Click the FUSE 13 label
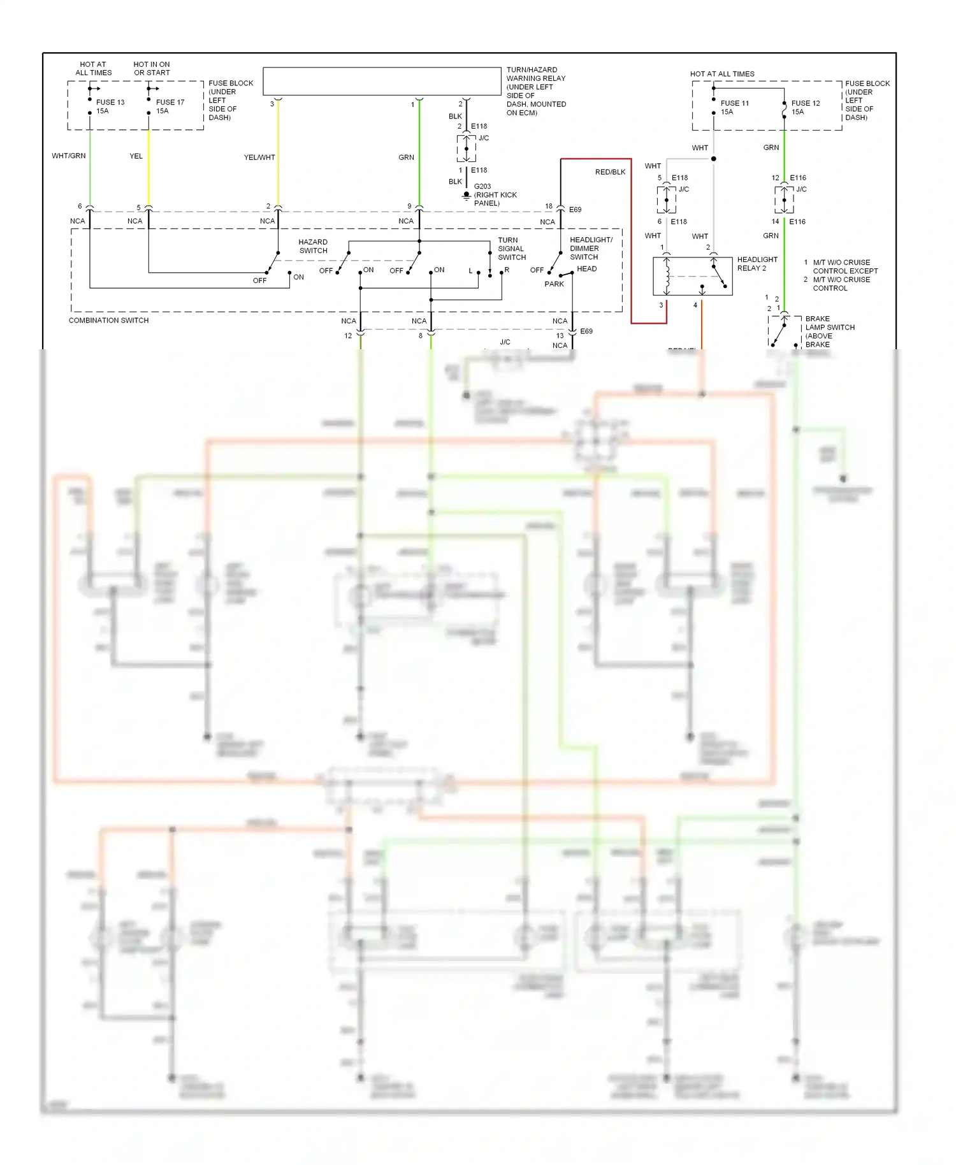tap(110, 102)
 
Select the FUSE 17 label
tap(170, 102)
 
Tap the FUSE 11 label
tap(734, 103)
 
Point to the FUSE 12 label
tap(805, 103)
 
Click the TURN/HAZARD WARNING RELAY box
tap(382, 82)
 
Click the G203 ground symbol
tap(467, 195)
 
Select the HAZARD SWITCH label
tap(313, 247)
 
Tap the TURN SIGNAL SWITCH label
tap(511, 249)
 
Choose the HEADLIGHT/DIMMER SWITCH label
tap(590, 249)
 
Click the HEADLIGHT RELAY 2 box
tap(692, 277)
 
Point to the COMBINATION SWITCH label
tap(108, 321)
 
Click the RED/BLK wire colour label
tap(610, 172)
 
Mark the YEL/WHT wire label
tap(259, 157)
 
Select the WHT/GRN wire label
tap(68, 156)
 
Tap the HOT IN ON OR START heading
tap(152, 69)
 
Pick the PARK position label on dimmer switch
tap(554, 284)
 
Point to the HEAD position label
tap(586, 269)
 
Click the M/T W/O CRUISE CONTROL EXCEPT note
tap(844, 266)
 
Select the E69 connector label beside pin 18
tap(575, 210)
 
